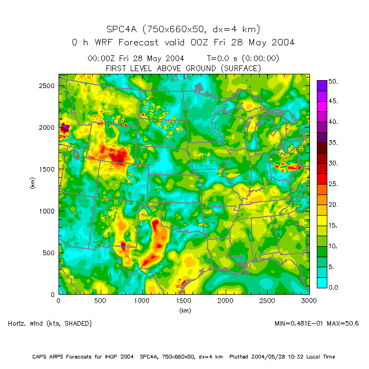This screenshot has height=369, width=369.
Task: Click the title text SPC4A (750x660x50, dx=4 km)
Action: click(183, 29)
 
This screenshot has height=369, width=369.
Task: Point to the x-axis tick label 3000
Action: click(309, 301)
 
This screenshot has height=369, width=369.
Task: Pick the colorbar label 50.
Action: click(333, 82)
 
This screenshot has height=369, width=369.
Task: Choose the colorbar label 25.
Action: click(333, 184)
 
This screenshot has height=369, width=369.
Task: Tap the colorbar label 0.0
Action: click(333, 287)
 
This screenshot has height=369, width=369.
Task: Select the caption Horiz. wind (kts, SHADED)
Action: click(50, 323)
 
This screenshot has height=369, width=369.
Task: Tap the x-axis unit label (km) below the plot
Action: click(184, 310)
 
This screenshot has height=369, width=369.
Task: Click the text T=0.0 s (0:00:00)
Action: click(243, 59)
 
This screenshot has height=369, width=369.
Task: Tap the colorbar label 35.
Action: click(333, 143)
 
